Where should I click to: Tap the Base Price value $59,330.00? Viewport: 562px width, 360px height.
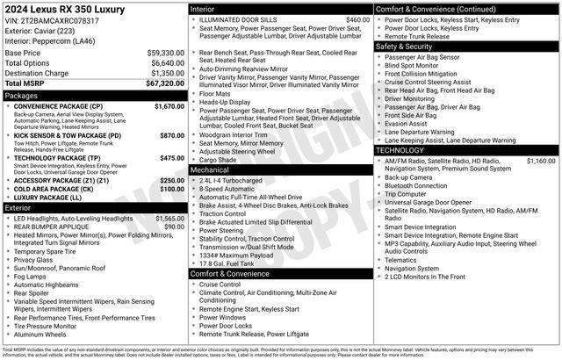164,53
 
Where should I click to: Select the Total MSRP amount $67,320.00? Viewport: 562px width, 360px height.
164,83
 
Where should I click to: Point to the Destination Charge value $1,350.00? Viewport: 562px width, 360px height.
164,73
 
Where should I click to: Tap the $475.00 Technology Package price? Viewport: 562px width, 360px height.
171,158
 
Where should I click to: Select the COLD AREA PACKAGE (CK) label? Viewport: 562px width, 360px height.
54,189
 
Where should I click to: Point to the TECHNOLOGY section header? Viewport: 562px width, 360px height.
400,150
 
